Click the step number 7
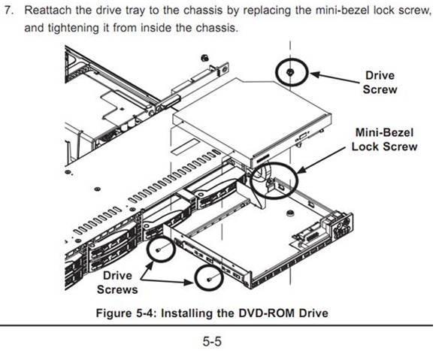tap(9, 11)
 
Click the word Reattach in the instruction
tap(48, 11)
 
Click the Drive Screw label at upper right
tap(380, 83)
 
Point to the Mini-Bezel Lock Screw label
tap(384, 140)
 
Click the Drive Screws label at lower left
tap(117, 283)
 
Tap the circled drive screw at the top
tap(290, 72)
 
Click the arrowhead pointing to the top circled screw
tap(314, 74)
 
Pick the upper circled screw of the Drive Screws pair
tap(158, 250)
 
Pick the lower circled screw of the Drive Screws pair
tap(209, 279)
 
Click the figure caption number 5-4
tap(146, 313)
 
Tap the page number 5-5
tap(212, 341)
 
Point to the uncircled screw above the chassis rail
tap(205, 58)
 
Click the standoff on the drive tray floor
tap(289, 213)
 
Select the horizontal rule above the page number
tap(216, 325)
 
